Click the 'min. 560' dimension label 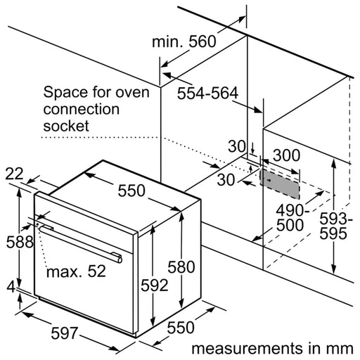(x=184, y=41)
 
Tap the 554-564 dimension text (x=207, y=93)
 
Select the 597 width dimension (x=64, y=333)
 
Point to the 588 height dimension (x=20, y=242)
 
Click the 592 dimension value (x=155, y=285)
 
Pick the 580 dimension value (x=181, y=266)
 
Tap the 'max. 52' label (x=76, y=271)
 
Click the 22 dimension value (x=14, y=174)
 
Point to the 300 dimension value (x=286, y=155)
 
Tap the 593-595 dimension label (x=335, y=226)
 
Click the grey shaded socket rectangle (x=280, y=184)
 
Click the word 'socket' (x=66, y=126)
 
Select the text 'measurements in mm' (x=272, y=348)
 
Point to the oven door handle (x=81, y=244)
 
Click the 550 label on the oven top (x=131, y=191)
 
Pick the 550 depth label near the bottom (x=181, y=327)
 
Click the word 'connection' (x=82, y=110)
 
